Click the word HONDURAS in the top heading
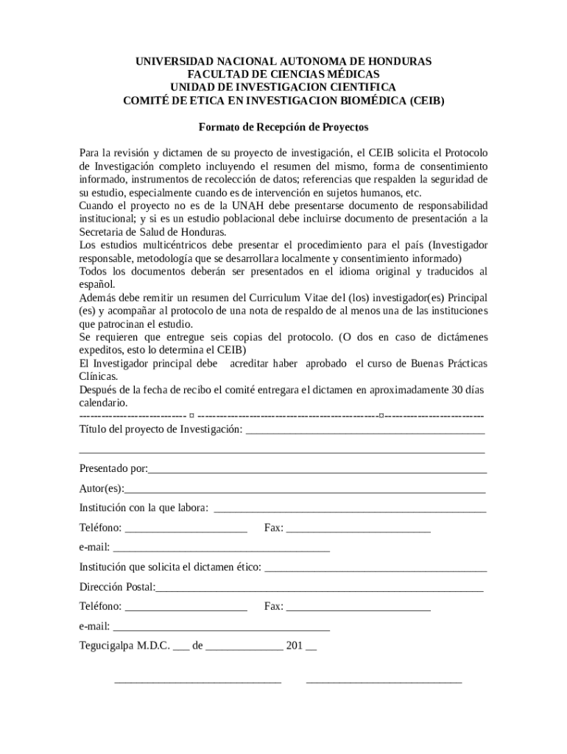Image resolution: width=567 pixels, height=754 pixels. (x=398, y=61)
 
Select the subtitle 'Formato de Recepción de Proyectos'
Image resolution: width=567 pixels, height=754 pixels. (x=283, y=127)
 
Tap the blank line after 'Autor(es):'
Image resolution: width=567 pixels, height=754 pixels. (x=305, y=490)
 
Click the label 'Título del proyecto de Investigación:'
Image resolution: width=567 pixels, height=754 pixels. (x=161, y=429)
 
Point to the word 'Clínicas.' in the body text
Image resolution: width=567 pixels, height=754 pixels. (x=99, y=377)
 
